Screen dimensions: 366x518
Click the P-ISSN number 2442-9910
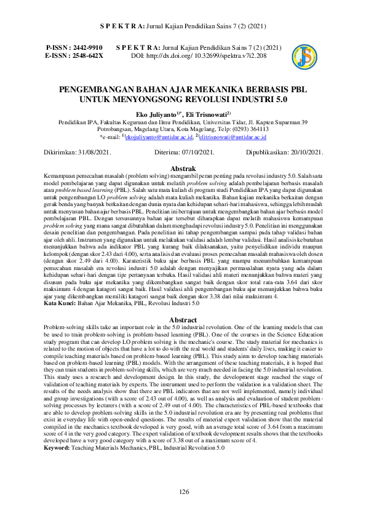[86, 47]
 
